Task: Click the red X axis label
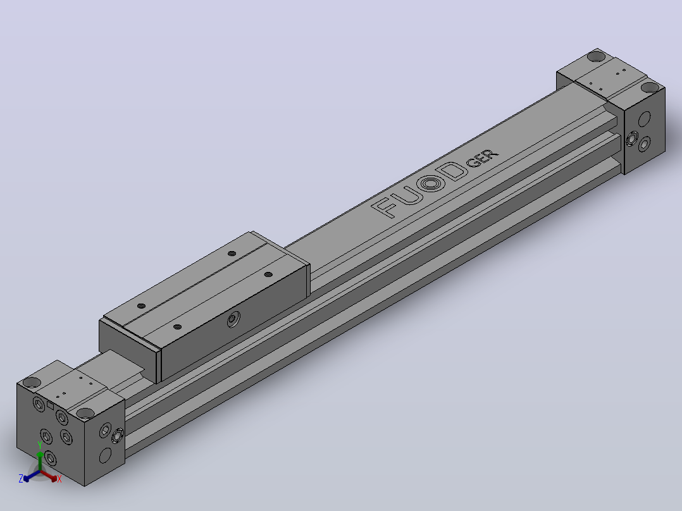(59, 479)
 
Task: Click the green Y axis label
(40, 445)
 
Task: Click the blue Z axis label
(20, 479)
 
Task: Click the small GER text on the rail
(482, 158)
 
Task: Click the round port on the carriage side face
(233, 319)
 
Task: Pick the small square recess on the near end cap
(51, 405)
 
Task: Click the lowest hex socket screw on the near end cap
(51, 458)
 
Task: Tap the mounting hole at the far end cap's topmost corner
(596, 56)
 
